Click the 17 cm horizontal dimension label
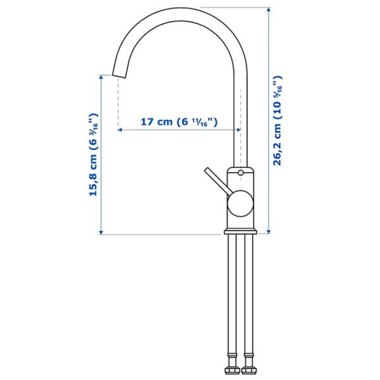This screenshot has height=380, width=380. [x=179, y=122]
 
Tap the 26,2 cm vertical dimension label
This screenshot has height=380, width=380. [x=278, y=120]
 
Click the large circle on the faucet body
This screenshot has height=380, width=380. [x=241, y=204]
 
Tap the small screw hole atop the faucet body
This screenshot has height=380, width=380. [x=241, y=173]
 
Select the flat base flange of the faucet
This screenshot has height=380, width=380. [x=241, y=231]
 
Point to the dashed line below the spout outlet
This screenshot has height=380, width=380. [x=118, y=101]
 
